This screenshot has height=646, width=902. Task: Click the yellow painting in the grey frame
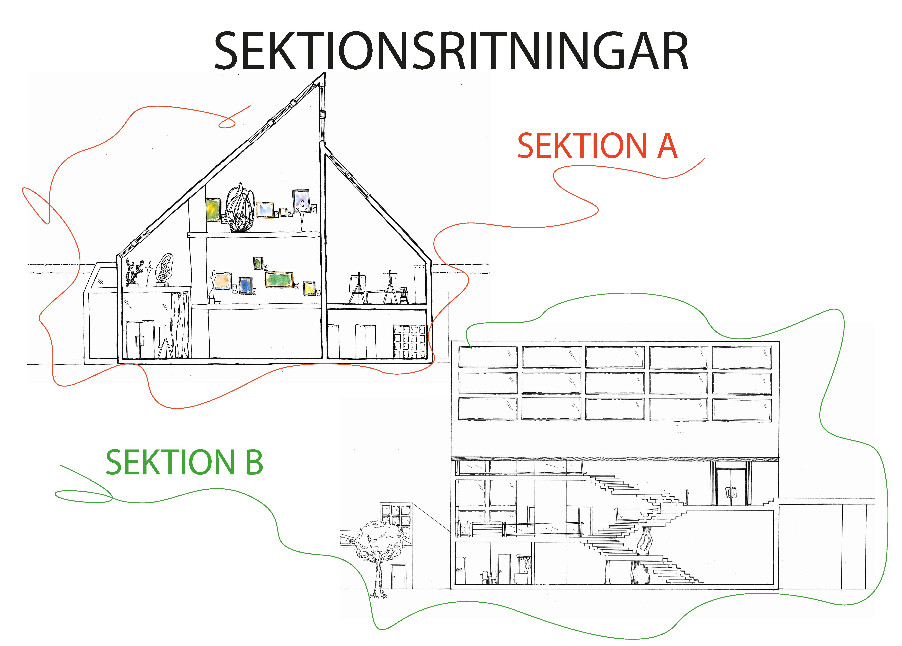point(309,288)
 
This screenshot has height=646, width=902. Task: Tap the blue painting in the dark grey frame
point(245,285)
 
